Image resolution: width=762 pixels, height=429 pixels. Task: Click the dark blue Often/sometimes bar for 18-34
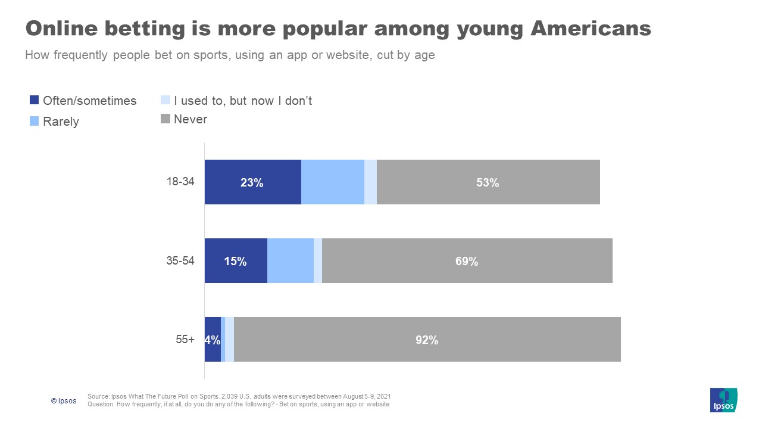tap(252, 182)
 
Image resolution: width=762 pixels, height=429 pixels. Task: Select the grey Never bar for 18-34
tap(488, 182)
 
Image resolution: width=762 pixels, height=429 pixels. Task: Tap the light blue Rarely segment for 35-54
tap(290, 261)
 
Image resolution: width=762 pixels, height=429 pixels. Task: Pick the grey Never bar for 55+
tap(427, 340)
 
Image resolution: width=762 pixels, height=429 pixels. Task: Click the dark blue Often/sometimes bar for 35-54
tap(236, 261)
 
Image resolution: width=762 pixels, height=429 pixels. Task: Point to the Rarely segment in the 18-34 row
tap(332, 182)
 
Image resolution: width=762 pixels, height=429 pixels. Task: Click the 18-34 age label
tap(179, 182)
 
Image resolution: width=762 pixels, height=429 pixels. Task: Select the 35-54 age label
tap(179, 261)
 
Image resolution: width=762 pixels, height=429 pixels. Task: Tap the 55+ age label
tap(185, 340)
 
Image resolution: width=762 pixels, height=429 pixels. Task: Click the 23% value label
tap(252, 183)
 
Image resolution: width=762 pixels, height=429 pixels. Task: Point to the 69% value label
tap(467, 261)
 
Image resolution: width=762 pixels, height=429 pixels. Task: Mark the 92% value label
tap(427, 340)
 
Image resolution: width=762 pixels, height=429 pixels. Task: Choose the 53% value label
tap(488, 183)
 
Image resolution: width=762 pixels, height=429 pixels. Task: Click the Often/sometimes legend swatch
tap(34, 101)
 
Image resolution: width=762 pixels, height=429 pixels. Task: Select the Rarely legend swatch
tap(34, 122)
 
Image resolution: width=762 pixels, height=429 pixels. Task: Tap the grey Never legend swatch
tap(165, 119)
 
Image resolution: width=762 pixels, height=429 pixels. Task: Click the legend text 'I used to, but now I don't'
tap(243, 101)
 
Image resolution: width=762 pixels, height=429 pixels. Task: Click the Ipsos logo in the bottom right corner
tap(724, 400)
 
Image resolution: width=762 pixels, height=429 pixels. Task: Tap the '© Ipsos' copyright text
tap(64, 401)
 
